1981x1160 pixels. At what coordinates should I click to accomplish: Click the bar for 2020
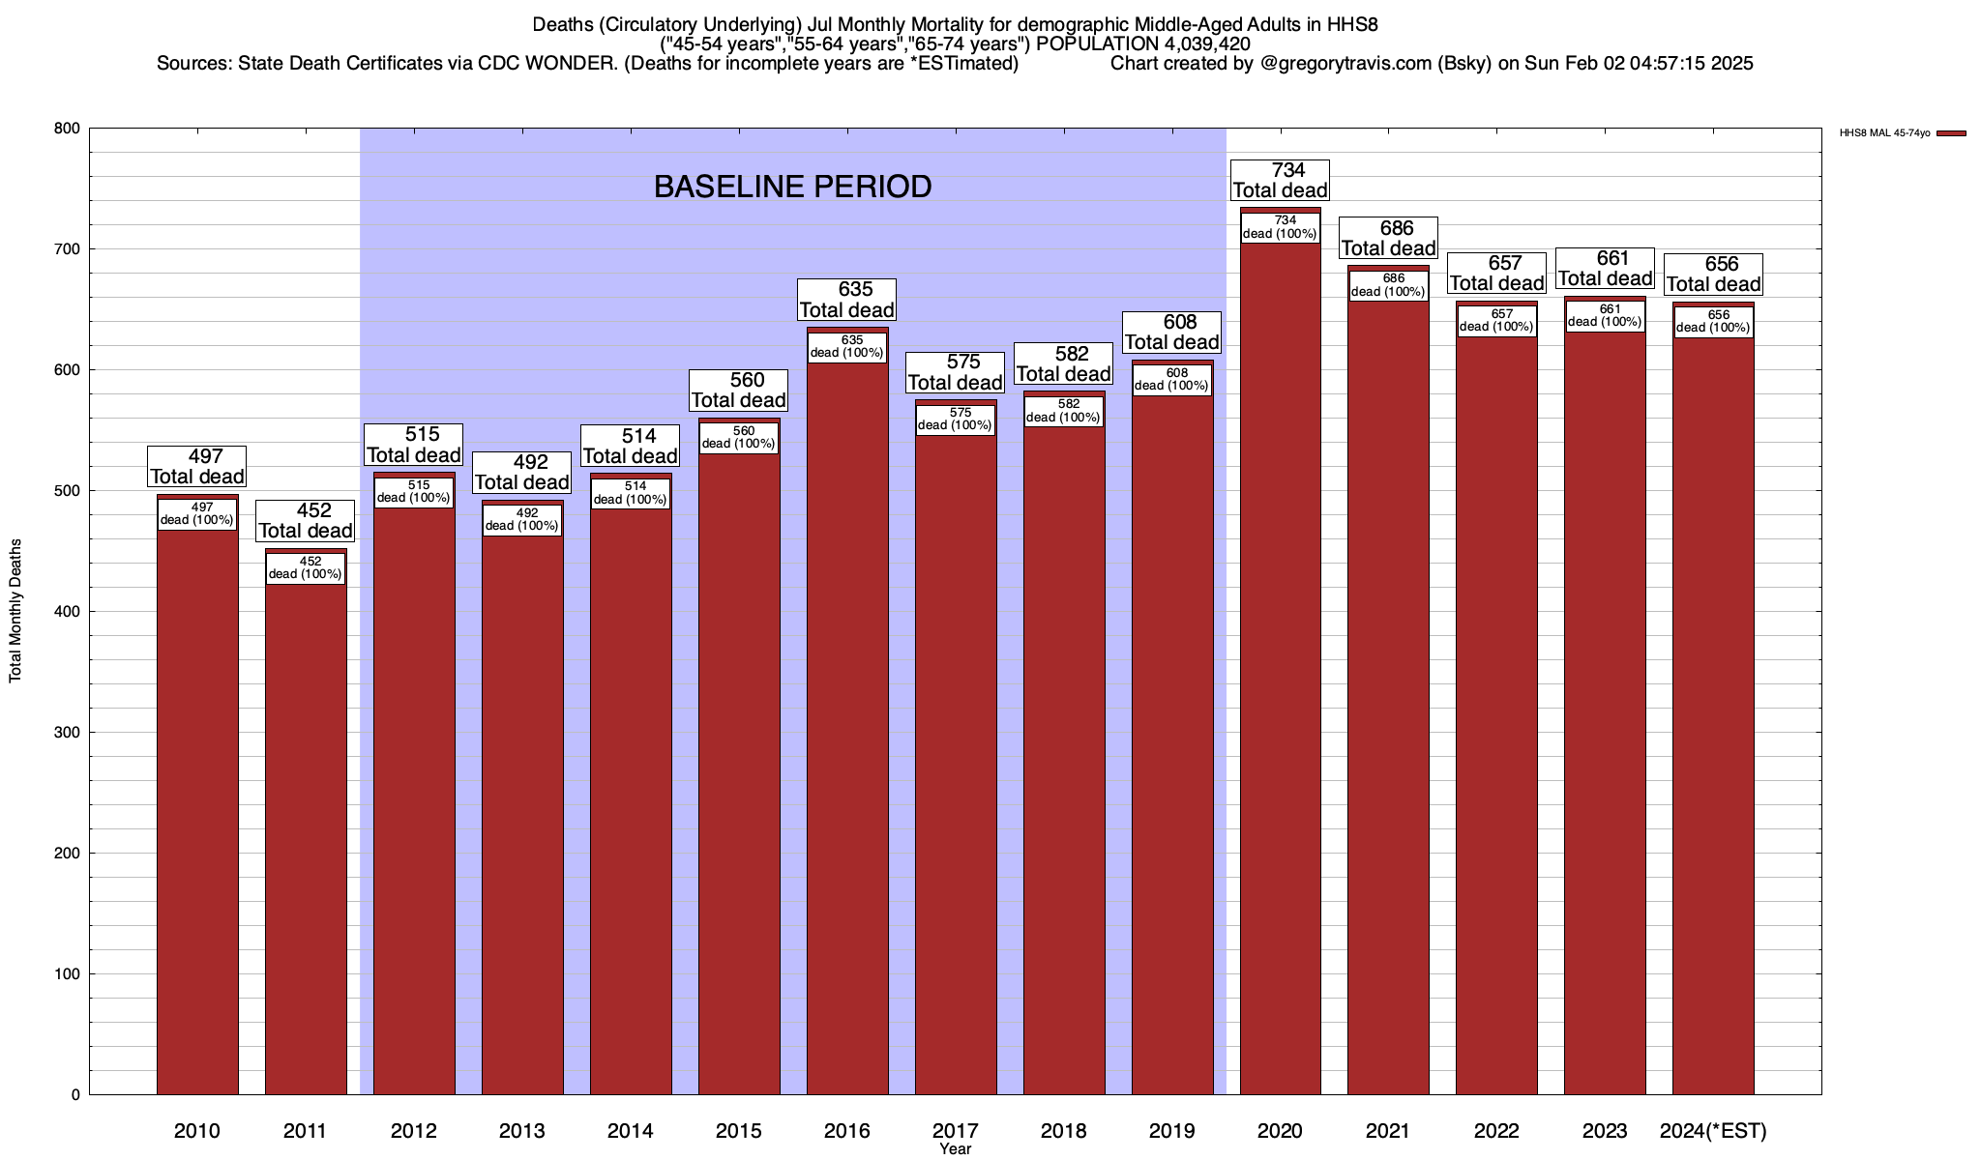pyautogui.click(x=1280, y=677)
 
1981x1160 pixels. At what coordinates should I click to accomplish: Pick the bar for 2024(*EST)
pyautogui.click(x=1713, y=725)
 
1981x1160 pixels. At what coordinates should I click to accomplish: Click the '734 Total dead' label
pyautogui.click(x=1280, y=181)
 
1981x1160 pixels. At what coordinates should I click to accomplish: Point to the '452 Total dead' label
pyautogui.click(x=306, y=521)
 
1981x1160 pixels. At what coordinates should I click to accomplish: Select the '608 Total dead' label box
pyautogui.click(x=1171, y=333)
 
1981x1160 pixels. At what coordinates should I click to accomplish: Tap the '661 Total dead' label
pyautogui.click(x=1605, y=269)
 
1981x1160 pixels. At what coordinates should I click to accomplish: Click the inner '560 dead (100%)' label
pyautogui.click(x=739, y=438)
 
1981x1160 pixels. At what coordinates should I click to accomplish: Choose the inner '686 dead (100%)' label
pyautogui.click(x=1388, y=285)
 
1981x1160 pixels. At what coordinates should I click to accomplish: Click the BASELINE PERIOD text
pyautogui.click(x=792, y=187)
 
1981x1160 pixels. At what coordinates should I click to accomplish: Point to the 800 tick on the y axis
pyautogui.click(x=68, y=129)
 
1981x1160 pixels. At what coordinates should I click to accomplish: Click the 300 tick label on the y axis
pyautogui.click(x=68, y=733)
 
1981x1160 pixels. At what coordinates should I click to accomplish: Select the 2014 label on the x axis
pyautogui.click(x=631, y=1131)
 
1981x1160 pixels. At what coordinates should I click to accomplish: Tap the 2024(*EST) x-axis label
pyautogui.click(x=1713, y=1131)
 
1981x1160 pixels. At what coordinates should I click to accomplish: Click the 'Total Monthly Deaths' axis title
pyautogui.click(x=15, y=611)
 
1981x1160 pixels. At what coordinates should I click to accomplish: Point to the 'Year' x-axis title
pyautogui.click(x=955, y=1149)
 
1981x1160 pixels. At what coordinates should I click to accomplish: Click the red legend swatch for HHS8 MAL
pyautogui.click(x=1951, y=133)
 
